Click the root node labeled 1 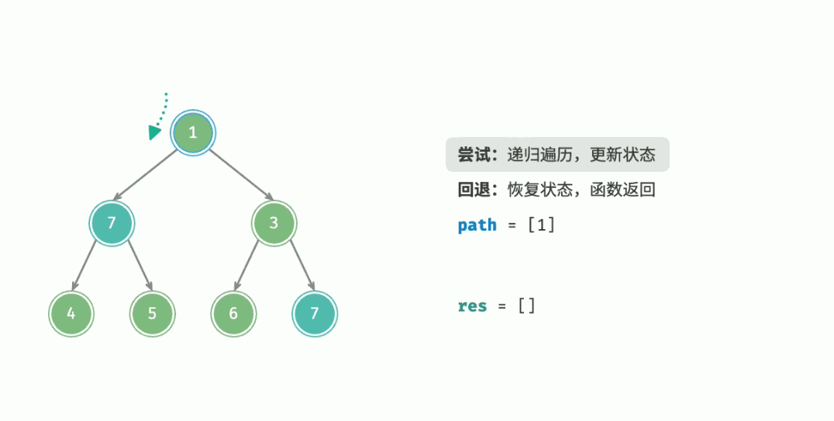[x=193, y=132]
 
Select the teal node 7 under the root [x=112, y=223]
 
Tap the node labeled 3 [x=274, y=223]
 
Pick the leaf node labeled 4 [x=71, y=313]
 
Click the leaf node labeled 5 [x=152, y=313]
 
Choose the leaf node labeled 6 [x=234, y=313]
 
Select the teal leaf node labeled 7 [x=315, y=313]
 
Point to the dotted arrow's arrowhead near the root [x=155, y=132]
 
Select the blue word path [x=477, y=225]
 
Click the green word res [x=472, y=306]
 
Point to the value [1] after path [x=541, y=225]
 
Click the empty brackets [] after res [x=526, y=306]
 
